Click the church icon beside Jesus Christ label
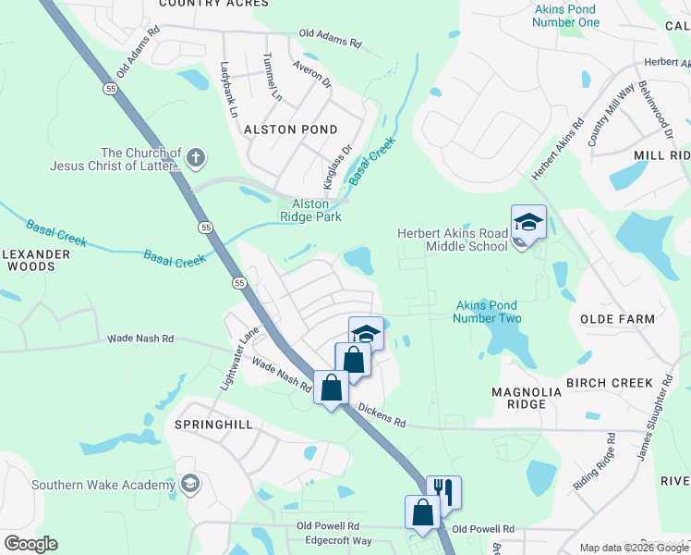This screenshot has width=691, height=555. point(195,157)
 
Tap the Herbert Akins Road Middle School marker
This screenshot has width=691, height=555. point(528,223)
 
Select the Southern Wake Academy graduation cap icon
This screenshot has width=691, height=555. point(190,484)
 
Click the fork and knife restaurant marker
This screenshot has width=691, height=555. point(443,493)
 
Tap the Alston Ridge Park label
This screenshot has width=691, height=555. point(311,210)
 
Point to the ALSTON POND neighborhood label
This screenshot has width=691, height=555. point(290,129)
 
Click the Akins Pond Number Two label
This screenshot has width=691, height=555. point(487,312)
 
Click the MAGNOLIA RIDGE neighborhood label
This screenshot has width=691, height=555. point(527,399)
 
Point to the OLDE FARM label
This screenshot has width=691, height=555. point(616,319)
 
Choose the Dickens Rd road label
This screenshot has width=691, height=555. point(382,414)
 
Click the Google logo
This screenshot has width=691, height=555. point(30,544)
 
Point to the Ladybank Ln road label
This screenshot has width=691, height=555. point(228,89)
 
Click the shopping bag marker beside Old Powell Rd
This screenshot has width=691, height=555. point(422,513)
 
